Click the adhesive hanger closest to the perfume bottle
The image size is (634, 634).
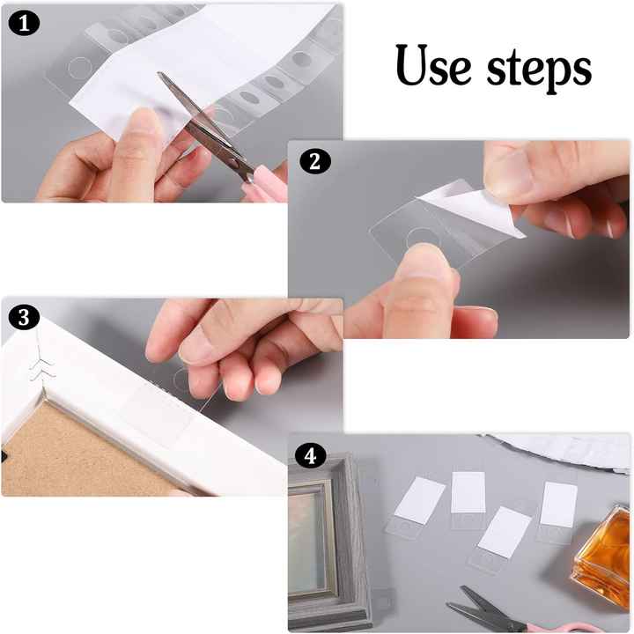557,511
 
